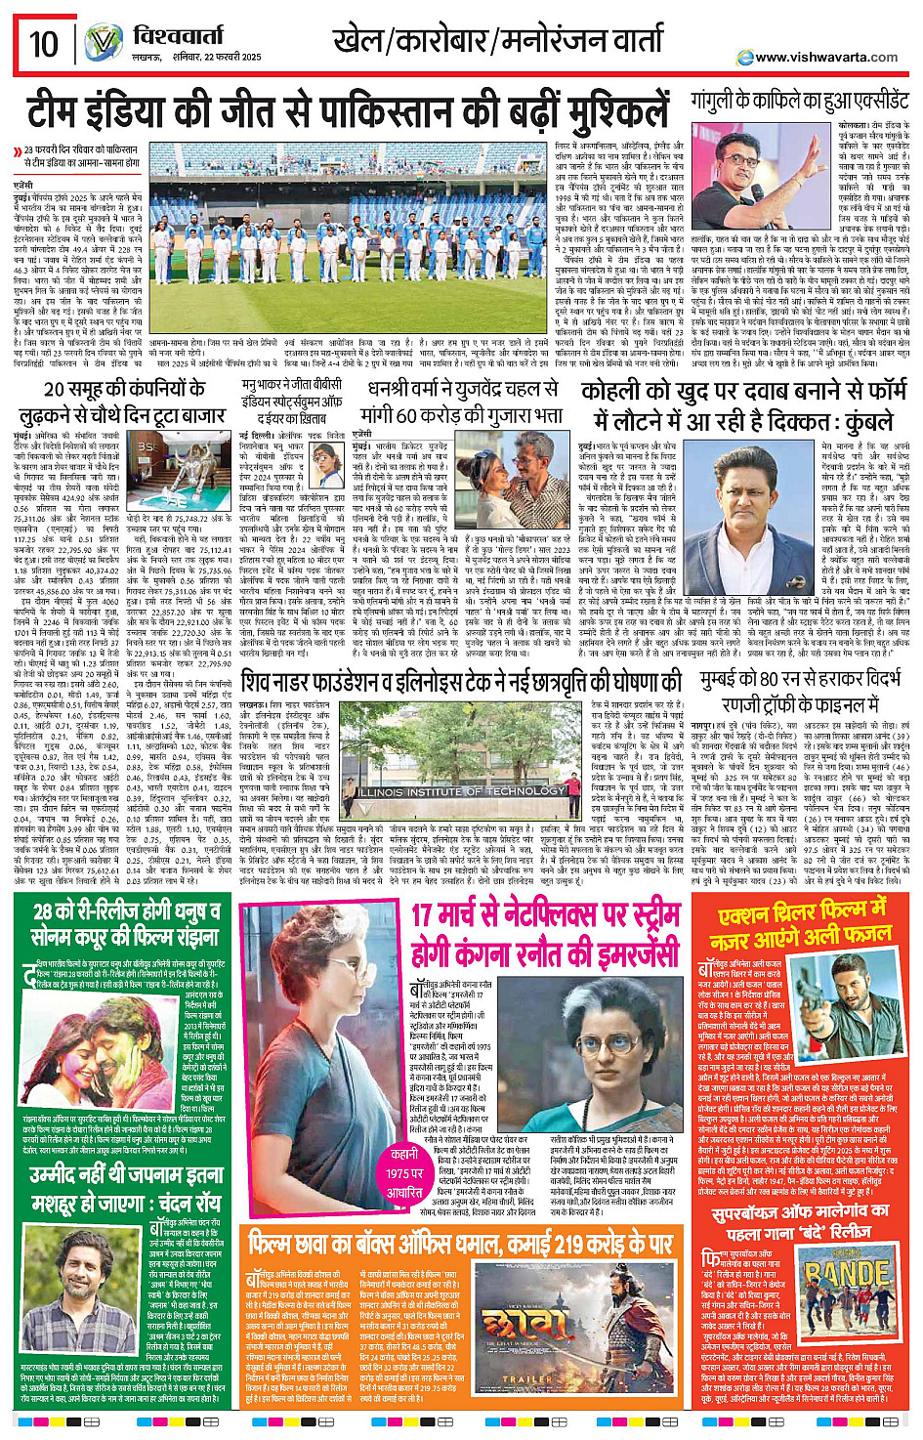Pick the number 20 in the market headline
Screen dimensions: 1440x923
(56, 390)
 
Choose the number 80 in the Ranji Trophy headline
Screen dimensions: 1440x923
(767, 682)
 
